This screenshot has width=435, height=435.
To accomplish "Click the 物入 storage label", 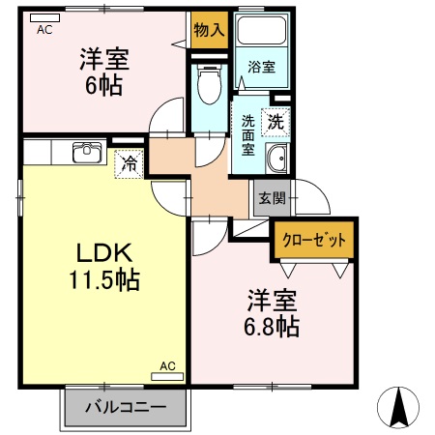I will tap(209, 29).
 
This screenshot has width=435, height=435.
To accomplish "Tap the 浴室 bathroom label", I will tap(261, 68).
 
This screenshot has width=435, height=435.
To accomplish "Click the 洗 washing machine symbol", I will tap(276, 123).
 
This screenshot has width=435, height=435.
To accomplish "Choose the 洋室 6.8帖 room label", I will tap(271, 312).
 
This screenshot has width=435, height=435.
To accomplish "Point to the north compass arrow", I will tap(401, 405).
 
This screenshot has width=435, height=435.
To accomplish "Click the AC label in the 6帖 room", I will tap(44, 30).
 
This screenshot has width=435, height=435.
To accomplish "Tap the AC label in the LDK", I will tap(166, 366).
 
